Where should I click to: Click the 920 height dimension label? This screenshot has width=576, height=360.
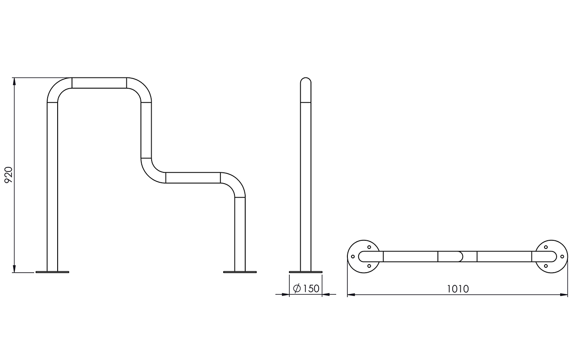pyautogui.click(x=9, y=175)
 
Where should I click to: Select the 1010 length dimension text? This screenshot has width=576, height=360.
pyautogui.click(x=458, y=289)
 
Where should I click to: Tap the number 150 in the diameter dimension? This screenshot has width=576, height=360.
pyautogui.click(x=310, y=288)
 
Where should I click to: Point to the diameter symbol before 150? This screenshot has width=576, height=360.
pyautogui.click(x=297, y=288)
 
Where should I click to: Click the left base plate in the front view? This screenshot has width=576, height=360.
pyautogui.click(x=53, y=272)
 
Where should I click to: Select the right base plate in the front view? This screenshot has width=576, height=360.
pyautogui.click(x=240, y=272)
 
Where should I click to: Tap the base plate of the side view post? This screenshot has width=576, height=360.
pyautogui.click(x=306, y=272)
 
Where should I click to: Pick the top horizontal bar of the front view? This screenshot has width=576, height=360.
pyautogui.click(x=99, y=83)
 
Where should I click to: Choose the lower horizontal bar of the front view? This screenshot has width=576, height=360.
pyautogui.click(x=193, y=178)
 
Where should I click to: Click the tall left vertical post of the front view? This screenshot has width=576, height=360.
pyautogui.click(x=53, y=187)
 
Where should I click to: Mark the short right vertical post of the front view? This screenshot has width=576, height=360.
pyautogui.click(x=240, y=234)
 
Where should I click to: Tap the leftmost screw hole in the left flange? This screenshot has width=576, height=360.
pyautogui.click(x=353, y=256)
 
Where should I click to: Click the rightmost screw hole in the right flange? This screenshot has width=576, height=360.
pyautogui.click(x=562, y=256)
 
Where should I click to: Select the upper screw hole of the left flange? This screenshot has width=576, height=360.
pyautogui.click(x=369, y=247)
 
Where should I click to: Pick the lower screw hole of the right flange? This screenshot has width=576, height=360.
pyautogui.click(x=546, y=266)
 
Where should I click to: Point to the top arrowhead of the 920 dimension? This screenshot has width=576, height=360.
pyautogui.click(x=14, y=81)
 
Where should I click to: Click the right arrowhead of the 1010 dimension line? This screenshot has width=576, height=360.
pyautogui.click(x=564, y=295)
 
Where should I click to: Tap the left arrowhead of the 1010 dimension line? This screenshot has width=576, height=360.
pyautogui.click(x=351, y=295)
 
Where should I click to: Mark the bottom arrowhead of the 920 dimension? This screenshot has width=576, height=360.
pyautogui.click(x=14, y=269)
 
